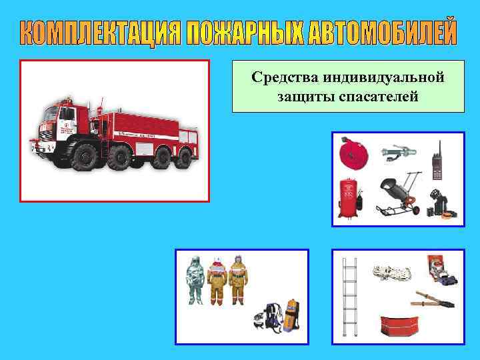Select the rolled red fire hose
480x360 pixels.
click(x=352, y=154)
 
